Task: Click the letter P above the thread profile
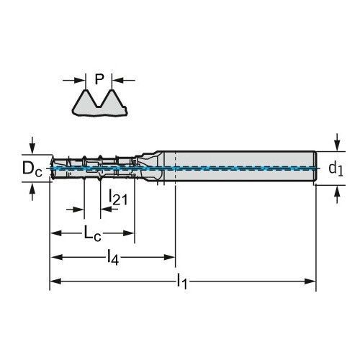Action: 99,79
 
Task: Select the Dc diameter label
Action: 32,168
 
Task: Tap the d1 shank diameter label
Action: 336,168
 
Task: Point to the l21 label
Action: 118,197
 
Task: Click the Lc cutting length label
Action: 92,233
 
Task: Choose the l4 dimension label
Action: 113,258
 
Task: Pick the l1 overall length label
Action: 181,282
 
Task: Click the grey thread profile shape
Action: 99,104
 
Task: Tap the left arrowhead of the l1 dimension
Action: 56,282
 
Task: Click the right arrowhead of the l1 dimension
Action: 310,282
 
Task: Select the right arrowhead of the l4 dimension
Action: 170,258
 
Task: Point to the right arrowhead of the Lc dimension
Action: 128,233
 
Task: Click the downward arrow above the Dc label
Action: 32,145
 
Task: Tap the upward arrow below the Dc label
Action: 32,192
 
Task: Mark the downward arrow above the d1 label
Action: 337,142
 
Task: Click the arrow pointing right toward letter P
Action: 74,80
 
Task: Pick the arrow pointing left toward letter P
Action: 124,80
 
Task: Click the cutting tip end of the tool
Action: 51,168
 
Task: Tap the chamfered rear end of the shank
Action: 316,168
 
